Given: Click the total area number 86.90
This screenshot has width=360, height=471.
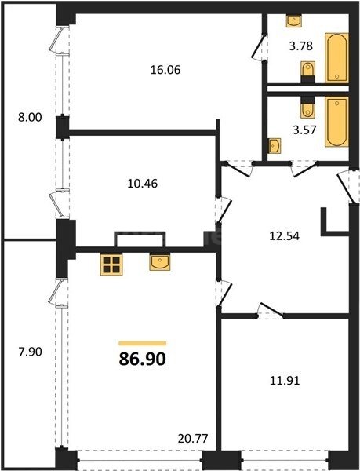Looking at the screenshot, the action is click(x=143, y=359).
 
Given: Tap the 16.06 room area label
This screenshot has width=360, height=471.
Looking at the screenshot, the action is click(x=165, y=70).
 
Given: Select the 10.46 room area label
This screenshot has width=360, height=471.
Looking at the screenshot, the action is click(x=143, y=183).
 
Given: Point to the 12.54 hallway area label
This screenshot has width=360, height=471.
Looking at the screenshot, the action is click(x=285, y=235).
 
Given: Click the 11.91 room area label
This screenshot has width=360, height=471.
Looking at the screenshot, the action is click(x=285, y=381).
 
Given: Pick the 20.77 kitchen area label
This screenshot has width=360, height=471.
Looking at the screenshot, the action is click(x=193, y=439).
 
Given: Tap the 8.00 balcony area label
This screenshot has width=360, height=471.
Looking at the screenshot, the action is click(x=30, y=117).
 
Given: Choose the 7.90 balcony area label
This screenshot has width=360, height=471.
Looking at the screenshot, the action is click(x=31, y=352).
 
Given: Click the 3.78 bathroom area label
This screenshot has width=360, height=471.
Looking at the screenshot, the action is click(x=301, y=46).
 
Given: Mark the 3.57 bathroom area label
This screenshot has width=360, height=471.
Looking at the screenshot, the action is click(x=304, y=130).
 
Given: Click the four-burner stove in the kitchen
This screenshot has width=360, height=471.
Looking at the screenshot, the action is click(x=111, y=265).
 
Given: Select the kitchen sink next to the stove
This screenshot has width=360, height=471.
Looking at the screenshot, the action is click(x=160, y=262).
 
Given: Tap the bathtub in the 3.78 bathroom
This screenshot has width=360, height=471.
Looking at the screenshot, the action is click(x=336, y=58).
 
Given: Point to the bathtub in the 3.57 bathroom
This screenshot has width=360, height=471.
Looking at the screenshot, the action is click(x=336, y=122).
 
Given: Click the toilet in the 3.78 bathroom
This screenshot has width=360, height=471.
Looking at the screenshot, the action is click(x=307, y=72).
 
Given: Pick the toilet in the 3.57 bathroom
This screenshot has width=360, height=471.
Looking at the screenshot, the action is click(x=307, y=108).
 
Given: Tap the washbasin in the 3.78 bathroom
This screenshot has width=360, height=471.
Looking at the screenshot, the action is click(x=294, y=21).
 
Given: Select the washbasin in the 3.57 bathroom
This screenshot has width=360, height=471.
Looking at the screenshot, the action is click(x=275, y=146).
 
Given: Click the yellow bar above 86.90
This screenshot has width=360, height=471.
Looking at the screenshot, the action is click(x=143, y=343).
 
